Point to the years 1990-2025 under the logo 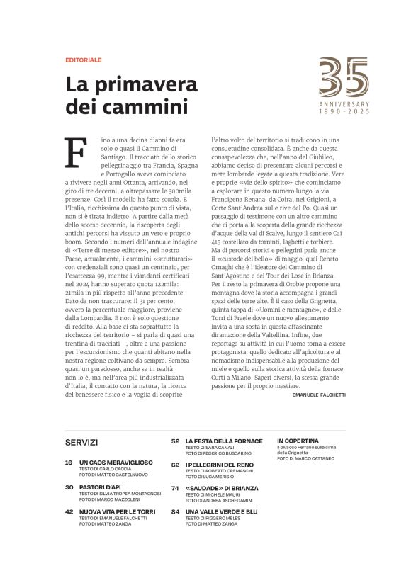[344, 112]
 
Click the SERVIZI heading [81, 442]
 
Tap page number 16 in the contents [69, 462]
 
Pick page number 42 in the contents [69, 511]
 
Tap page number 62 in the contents [174, 465]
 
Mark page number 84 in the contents [174, 511]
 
